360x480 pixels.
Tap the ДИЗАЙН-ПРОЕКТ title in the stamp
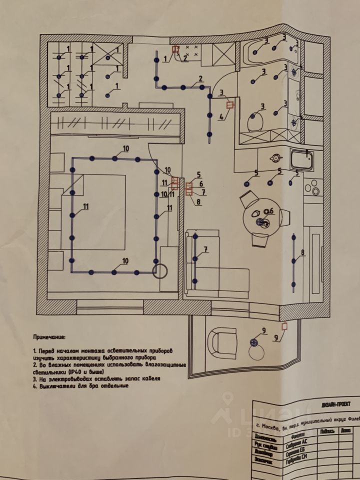coord(330,403)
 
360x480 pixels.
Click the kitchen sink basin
coord(302,160)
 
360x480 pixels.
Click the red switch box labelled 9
coord(284,327)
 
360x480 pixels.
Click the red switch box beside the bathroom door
coord(230,105)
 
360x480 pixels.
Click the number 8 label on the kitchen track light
coord(302,253)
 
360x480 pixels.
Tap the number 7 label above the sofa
coord(205,249)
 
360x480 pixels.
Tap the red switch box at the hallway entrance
coord(175,49)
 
